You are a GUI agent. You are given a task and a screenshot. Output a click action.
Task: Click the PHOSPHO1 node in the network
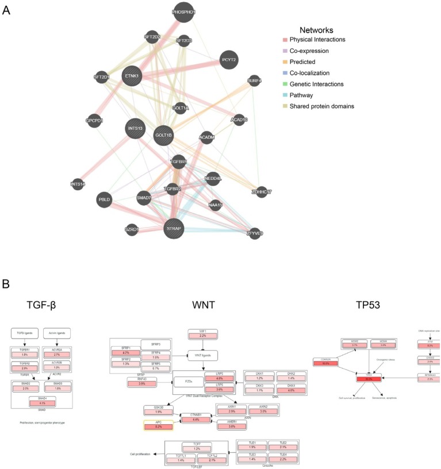pos(185,12)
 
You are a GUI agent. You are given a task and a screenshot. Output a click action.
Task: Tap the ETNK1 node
pos(132,76)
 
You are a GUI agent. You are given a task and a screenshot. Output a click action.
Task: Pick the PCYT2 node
pos(228,60)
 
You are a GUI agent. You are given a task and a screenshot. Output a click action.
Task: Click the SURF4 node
pos(255,81)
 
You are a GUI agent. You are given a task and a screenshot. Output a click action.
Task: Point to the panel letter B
pos(6,283)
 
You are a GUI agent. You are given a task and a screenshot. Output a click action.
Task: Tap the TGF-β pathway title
pos(41,305)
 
